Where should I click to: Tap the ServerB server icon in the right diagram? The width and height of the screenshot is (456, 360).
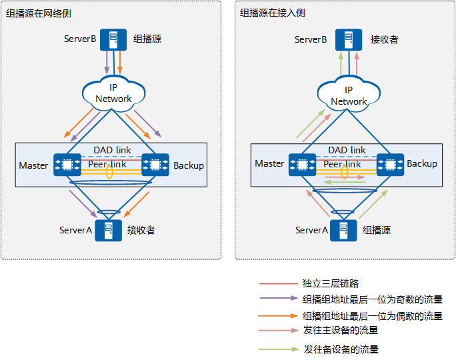pos(345,39)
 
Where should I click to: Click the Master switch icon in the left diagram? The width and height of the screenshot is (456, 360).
pos(67,165)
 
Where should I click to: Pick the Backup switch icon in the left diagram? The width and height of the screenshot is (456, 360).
pos(155,165)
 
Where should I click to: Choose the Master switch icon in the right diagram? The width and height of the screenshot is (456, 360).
pos(303,164)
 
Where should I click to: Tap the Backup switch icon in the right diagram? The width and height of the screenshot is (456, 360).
pos(390,164)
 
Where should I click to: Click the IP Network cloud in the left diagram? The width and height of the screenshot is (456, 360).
pos(113,93)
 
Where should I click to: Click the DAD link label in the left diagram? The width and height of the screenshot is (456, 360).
pos(113,150)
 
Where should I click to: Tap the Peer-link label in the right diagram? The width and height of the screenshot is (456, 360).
pos(343,164)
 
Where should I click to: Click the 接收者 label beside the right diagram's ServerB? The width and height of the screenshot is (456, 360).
pos(384,40)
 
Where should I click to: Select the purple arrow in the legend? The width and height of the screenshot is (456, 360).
pos(278,299)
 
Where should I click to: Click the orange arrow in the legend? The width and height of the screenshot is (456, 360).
pos(278,316)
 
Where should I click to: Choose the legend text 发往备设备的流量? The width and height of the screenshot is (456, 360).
pos(341,349)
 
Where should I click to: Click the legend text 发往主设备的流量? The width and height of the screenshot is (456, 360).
pos(341,330)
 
